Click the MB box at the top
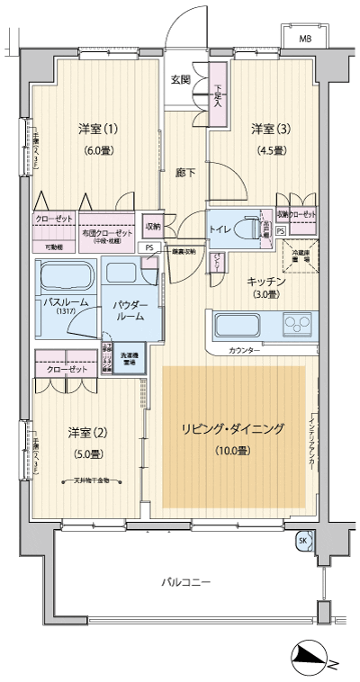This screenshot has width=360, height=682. pos(305,38)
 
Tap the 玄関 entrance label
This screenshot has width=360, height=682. pos(180,79)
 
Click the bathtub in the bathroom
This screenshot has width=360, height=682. pos(66,274)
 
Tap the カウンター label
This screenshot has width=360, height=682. pos(245,349)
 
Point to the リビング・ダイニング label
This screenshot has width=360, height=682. pos(232,429)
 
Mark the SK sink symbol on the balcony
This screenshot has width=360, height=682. pos(302,541)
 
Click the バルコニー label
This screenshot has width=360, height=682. pos(186,582)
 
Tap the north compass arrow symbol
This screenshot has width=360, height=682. pos(310,659)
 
